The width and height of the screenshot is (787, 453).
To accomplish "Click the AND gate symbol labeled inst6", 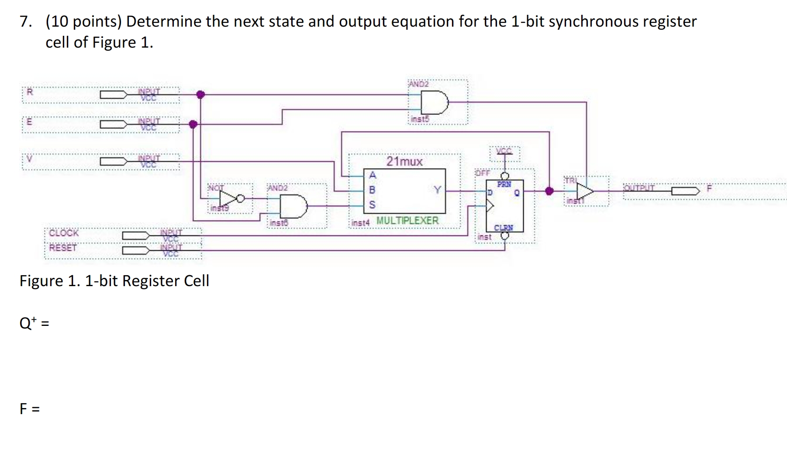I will (293, 206).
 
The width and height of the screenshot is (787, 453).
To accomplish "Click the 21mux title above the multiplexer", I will (404, 162).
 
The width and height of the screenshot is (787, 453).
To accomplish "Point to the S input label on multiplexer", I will (372, 204).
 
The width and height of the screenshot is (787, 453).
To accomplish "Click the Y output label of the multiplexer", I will (437, 190).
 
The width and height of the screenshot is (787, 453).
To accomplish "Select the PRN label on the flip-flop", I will (504, 184).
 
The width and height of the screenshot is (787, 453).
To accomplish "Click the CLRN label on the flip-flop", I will (504, 228).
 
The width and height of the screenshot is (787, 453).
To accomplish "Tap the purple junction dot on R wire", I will (200, 94).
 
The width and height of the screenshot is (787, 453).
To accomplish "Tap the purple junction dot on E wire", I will (193, 124).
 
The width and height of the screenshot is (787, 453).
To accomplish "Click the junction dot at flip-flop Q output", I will (549, 191).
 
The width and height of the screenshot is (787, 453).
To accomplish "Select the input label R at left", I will (30, 92).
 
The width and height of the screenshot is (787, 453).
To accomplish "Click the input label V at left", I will (30, 159).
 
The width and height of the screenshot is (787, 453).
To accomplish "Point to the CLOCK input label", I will (64, 233).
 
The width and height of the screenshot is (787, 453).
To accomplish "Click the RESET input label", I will (63, 248).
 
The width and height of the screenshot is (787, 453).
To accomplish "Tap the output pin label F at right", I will (709, 189).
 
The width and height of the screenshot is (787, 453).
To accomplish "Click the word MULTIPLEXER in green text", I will (407, 221).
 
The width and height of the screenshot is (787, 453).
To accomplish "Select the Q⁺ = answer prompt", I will (34, 323).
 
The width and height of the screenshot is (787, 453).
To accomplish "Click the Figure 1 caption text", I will (114, 280).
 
